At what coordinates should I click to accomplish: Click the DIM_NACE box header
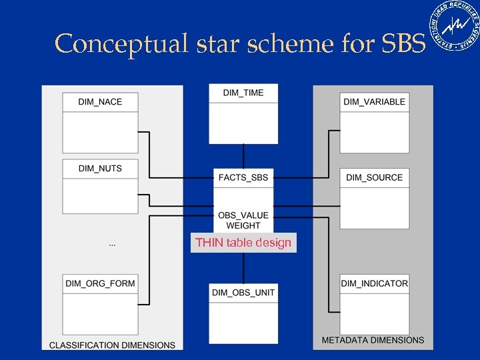tap(100, 102)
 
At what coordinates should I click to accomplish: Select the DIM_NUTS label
tap(100, 169)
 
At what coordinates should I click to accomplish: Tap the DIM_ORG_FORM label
tap(100, 283)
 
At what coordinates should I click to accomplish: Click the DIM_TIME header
tap(243, 93)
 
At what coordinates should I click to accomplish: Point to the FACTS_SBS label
tap(243, 177)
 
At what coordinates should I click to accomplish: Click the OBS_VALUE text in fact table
tap(243, 215)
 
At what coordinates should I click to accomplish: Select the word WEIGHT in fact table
tap(243, 226)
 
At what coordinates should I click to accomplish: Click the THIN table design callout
tap(243, 243)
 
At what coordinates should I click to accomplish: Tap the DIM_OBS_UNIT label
tap(243, 293)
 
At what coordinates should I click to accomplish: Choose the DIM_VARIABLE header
tap(374, 102)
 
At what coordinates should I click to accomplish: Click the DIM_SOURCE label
tap(374, 177)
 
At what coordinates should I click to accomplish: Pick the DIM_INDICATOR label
tap(374, 283)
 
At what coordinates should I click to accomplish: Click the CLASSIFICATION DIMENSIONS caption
tap(112, 345)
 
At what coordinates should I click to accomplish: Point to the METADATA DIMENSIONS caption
tap(373, 340)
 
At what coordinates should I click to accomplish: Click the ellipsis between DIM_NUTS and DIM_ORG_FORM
tap(112, 245)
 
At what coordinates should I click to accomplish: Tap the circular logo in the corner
tap(457, 27)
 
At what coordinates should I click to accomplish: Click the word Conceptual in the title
tap(113, 43)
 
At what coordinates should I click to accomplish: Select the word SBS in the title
tap(403, 43)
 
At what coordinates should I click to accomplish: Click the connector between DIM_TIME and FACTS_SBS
tap(243, 156)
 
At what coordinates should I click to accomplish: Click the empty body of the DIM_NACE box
tap(100, 132)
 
